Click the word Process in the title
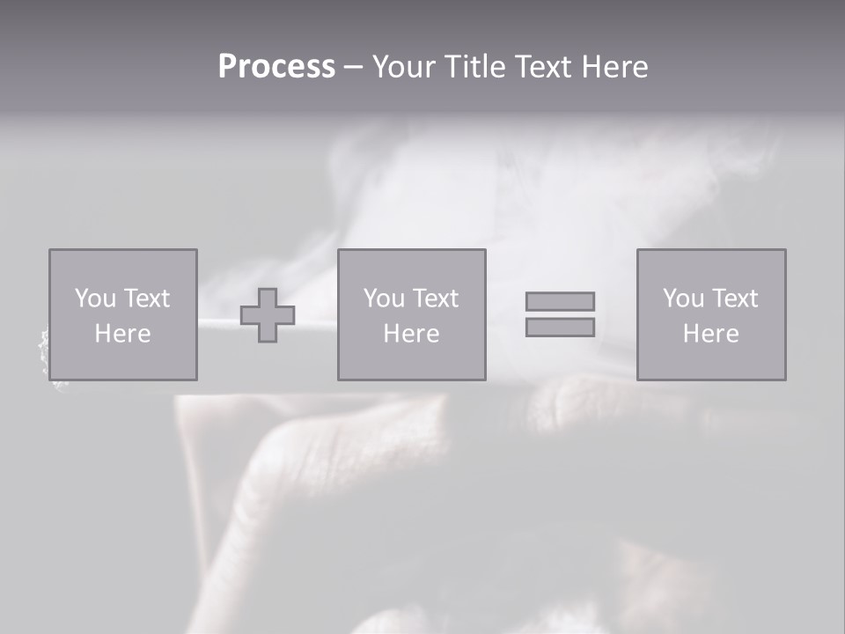click(x=276, y=67)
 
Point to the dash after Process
click(x=353, y=68)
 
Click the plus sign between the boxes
click(x=268, y=315)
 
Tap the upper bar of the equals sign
click(x=560, y=301)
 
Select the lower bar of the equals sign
click(x=560, y=327)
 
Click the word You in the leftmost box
click(x=95, y=299)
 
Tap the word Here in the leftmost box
click(x=122, y=334)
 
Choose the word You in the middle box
click(x=384, y=299)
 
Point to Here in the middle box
click(x=411, y=334)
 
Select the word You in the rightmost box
click(x=683, y=299)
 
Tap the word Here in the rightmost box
click(x=710, y=334)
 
